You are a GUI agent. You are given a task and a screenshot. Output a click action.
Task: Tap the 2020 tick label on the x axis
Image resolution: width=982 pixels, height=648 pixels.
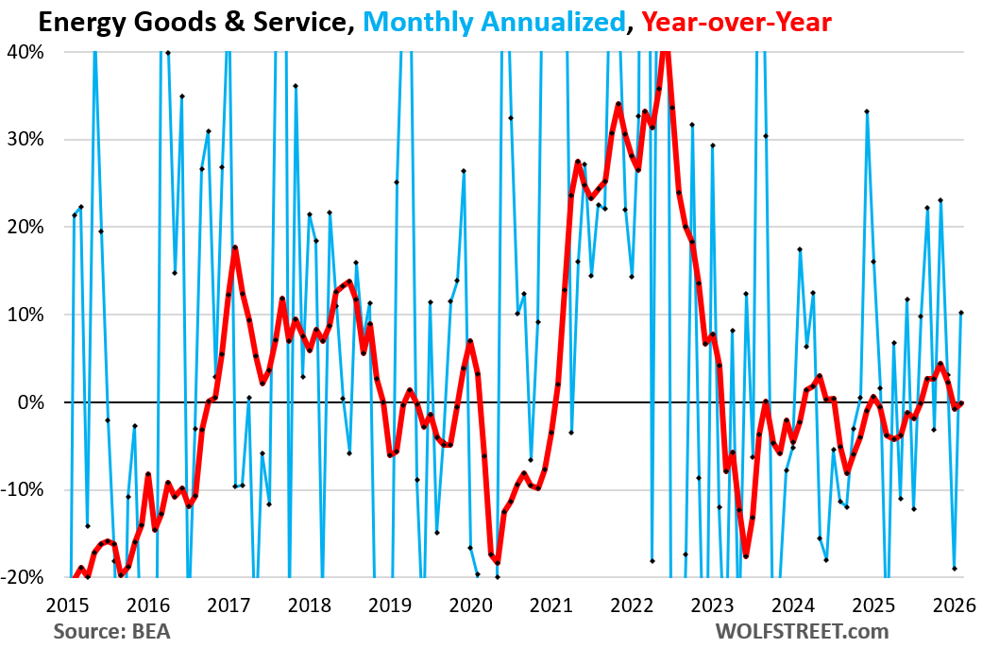(473, 605)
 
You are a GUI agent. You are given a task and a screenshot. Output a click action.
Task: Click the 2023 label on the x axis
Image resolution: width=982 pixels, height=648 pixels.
(713, 605)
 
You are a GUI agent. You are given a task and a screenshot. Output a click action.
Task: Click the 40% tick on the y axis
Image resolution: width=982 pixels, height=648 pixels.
(26, 52)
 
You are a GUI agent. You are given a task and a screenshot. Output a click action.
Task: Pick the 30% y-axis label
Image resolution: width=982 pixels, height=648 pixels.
(26, 140)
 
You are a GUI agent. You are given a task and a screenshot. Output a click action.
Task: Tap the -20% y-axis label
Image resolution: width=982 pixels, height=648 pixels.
(24, 577)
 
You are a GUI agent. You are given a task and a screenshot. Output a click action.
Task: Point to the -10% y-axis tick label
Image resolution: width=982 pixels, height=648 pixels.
(24, 490)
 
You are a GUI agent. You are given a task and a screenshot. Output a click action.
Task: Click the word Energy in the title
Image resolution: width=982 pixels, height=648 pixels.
(61, 21)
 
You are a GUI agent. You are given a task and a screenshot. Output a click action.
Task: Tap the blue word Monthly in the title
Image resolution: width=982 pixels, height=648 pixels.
(417, 21)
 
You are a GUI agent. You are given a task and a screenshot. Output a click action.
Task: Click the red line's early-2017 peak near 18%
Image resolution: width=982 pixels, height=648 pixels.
(234, 247)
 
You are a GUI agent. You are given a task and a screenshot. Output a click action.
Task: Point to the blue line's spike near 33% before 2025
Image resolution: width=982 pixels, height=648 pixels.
(867, 111)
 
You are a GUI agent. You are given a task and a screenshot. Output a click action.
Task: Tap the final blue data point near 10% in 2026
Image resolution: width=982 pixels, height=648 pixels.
(960, 313)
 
